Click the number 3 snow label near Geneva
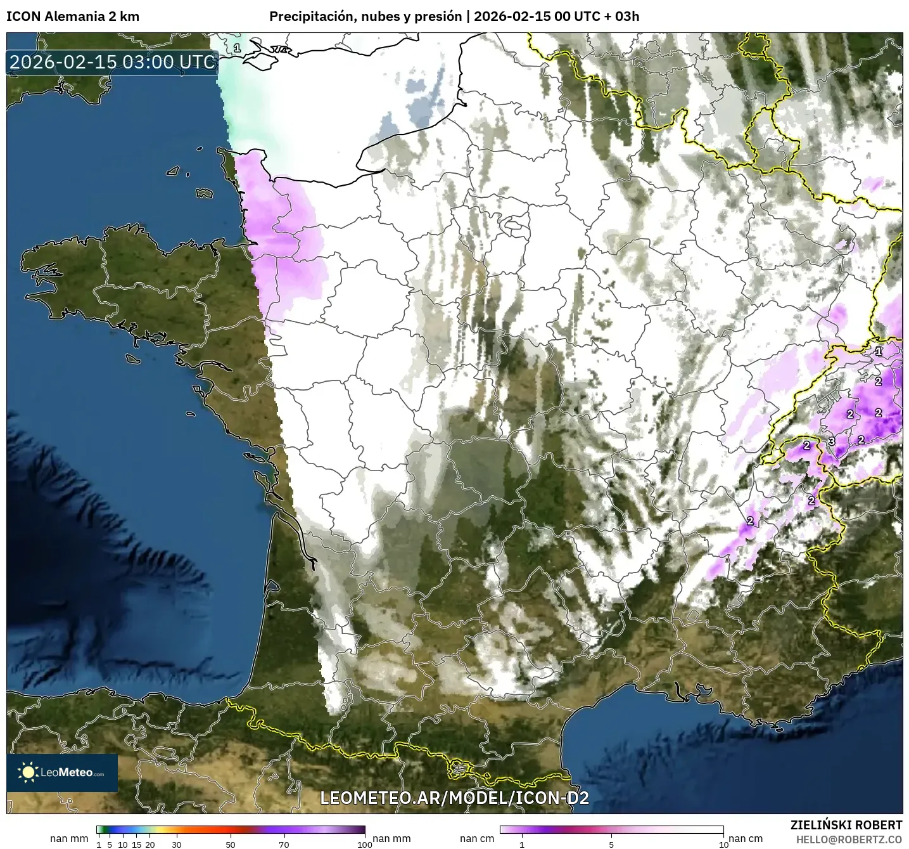click(832, 441)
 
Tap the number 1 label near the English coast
click(237, 48)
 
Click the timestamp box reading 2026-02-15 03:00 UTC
click(113, 62)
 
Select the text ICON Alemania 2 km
click(72, 16)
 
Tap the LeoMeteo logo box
click(62, 772)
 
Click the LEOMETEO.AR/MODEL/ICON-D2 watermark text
click(454, 798)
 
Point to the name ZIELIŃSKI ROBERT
click(846, 825)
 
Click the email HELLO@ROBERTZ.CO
click(849, 839)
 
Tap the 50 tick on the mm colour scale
click(231, 844)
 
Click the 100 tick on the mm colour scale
click(365, 844)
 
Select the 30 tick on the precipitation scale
click(177, 844)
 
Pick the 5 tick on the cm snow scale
click(611, 844)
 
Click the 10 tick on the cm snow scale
click(723, 844)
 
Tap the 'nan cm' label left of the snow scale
click(477, 838)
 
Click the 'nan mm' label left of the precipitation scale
click(68, 838)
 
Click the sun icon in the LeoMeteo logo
click(28, 772)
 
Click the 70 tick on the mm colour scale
click(284, 844)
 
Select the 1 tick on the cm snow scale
click(522, 844)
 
